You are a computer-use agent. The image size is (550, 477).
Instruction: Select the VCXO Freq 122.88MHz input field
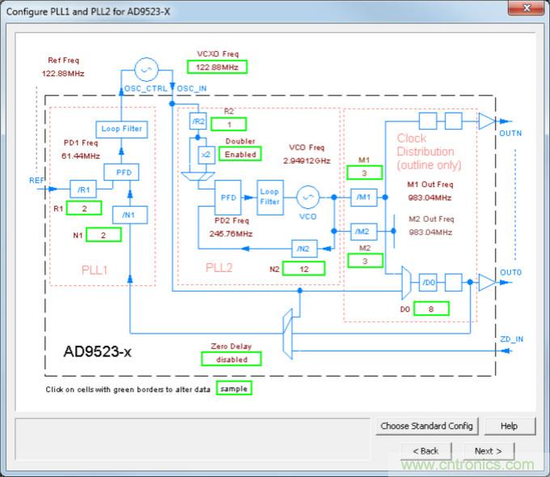click(x=217, y=67)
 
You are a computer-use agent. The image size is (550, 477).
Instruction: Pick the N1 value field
click(x=99, y=235)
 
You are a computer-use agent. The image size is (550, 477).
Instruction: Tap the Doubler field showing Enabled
click(x=240, y=154)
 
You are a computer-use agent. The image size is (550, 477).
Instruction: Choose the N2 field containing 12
click(x=302, y=268)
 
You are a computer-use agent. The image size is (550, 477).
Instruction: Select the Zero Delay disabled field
click(x=231, y=359)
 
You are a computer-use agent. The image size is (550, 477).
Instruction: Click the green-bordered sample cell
click(x=234, y=389)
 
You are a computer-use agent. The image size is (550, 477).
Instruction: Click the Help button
click(x=509, y=426)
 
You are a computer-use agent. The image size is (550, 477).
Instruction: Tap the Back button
click(x=425, y=451)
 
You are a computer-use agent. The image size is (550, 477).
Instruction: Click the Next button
click(x=489, y=451)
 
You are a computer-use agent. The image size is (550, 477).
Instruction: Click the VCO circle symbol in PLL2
click(x=307, y=197)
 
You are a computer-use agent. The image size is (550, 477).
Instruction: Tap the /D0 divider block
click(x=429, y=283)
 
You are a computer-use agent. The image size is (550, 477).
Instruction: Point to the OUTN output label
click(x=511, y=134)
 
